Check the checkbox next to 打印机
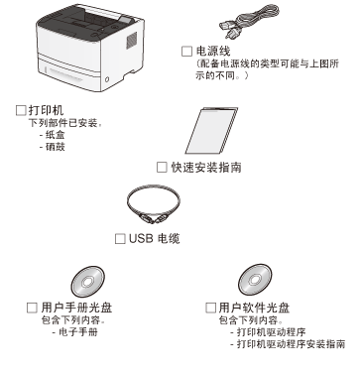tap(21, 110)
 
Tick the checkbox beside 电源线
tap(186, 52)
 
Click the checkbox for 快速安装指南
tap(162, 167)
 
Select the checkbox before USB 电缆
tap(120, 239)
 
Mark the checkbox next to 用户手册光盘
tap(32, 308)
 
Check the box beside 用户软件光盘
tap(210, 308)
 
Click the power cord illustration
tap(249, 21)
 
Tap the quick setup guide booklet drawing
tap(211, 130)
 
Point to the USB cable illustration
tap(154, 205)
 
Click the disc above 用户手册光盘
tap(87, 282)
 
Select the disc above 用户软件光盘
tap(255, 280)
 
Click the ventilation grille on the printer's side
tap(131, 41)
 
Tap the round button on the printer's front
tap(106, 79)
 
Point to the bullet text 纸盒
tap(55, 135)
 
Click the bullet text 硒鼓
tap(55, 147)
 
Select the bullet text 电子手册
tap(78, 331)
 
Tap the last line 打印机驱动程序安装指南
tap(291, 344)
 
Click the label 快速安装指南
tap(206, 168)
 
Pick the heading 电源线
tap(213, 52)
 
